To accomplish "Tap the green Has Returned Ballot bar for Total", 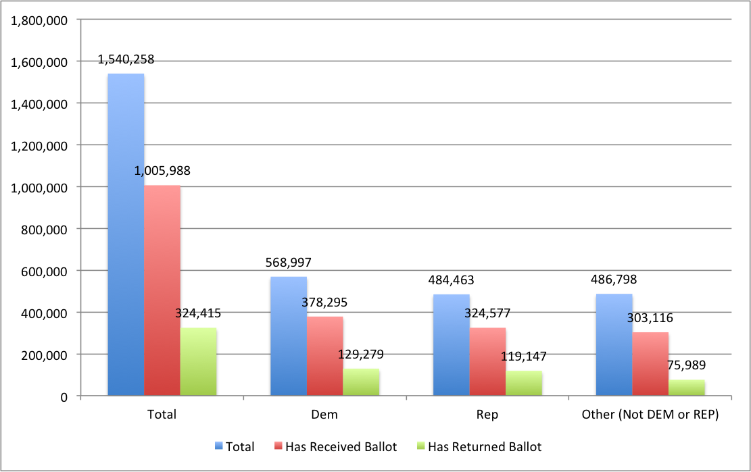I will point(199,362).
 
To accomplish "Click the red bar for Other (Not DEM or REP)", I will point(650,364).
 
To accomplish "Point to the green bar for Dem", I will point(361,382).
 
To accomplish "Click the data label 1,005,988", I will point(162,171).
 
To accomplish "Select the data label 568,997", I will point(289,263).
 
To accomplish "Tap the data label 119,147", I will point(524,356).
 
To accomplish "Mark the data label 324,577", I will point(487,313).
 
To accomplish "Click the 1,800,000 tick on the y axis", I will point(39,20).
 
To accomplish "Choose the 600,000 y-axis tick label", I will point(44,271).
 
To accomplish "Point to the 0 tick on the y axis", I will point(64,396).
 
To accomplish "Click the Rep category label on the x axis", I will point(487,415).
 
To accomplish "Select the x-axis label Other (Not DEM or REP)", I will point(650,415).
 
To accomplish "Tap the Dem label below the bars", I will point(324,415).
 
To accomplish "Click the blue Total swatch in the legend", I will point(218,446).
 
